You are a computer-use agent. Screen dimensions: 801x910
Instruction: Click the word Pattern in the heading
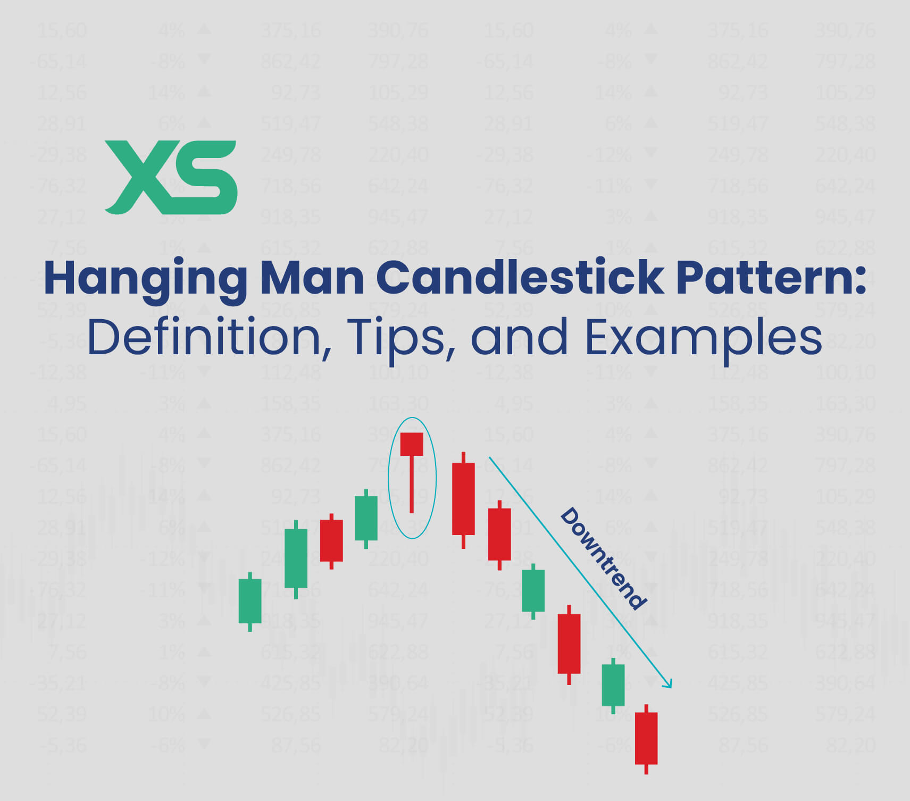coord(766,278)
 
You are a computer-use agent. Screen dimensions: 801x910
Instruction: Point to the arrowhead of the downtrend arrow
coord(669,684)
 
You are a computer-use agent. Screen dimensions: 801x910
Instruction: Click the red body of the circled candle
coord(411,444)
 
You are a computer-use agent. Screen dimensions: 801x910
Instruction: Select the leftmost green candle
coord(250,600)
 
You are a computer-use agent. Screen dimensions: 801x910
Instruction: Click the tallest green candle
coord(296,558)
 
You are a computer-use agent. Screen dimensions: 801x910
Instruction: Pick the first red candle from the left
coord(331,540)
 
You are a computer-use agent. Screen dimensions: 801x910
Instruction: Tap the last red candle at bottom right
coord(646,738)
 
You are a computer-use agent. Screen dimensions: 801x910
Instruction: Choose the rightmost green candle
coord(613,685)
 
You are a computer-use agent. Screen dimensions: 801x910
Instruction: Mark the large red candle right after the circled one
coord(463,499)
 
